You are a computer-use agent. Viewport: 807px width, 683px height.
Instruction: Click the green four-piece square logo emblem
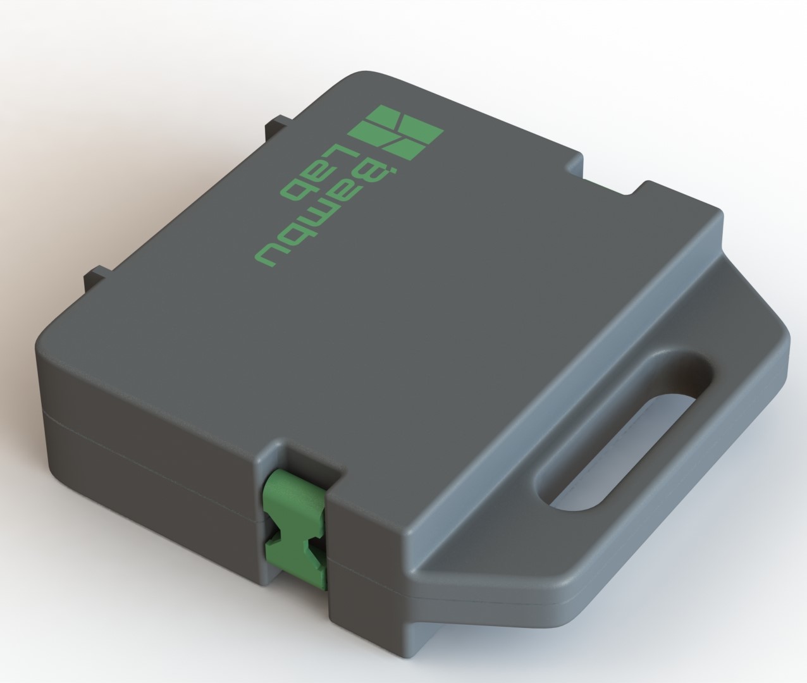[x=395, y=132]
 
